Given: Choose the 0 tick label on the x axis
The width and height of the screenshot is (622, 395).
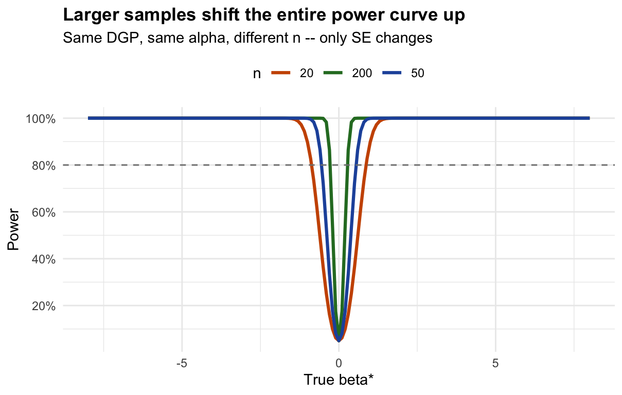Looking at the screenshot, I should tap(339, 363).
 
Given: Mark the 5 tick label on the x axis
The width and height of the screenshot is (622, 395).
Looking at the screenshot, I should tap(495, 363).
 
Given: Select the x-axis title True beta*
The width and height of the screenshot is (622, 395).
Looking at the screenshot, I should tap(338, 380).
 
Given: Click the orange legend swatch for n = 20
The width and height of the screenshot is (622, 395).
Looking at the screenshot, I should tap(280, 74).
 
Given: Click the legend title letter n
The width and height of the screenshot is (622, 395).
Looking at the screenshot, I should tap(256, 74).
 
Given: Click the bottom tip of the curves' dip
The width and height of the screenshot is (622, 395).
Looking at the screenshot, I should tap(339, 339).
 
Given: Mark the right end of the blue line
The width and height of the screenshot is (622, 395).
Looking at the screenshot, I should tap(589, 118).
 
